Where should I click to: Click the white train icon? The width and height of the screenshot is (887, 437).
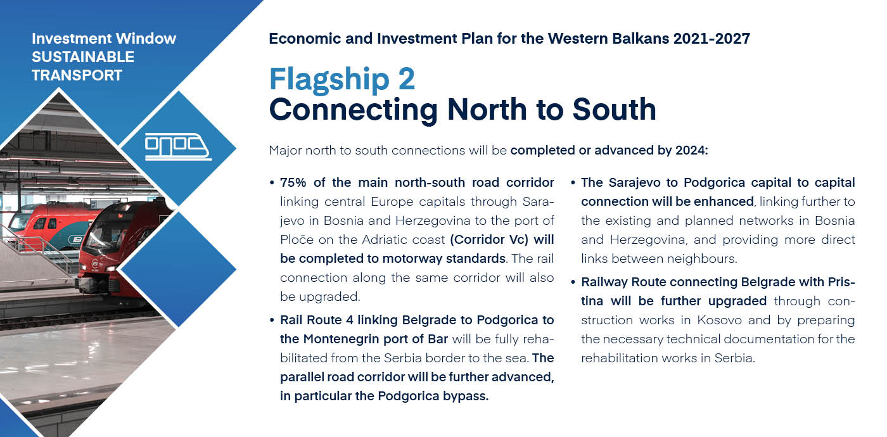(178, 147)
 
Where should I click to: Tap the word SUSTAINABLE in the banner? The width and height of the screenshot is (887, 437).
(83, 57)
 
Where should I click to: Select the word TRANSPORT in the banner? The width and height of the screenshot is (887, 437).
(77, 75)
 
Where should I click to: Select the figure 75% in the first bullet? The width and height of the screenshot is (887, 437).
(293, 182)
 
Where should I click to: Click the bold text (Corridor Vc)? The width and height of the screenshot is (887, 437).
(489, 240)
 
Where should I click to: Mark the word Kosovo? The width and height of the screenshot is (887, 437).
(719, 320)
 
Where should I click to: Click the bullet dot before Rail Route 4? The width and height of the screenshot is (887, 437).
(272, 320)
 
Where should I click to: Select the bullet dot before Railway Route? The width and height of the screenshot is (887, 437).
(573, 282)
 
